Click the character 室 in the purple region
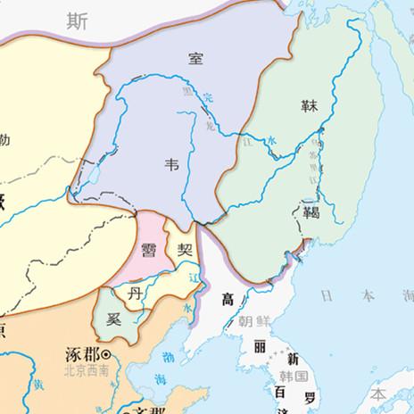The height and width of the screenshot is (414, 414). point(195,59)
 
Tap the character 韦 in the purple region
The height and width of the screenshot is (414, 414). point(172,164)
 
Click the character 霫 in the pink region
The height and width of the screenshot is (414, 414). point(150,249)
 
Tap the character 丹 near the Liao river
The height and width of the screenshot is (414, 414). point(135,294)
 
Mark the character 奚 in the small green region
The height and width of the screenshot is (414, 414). point(113,319)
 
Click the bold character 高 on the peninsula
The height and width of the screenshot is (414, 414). point(228,299)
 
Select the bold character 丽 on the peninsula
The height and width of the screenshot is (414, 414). point(260,345)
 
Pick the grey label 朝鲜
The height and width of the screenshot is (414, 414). point(252,319)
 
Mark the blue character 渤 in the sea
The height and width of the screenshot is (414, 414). point(170,357)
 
